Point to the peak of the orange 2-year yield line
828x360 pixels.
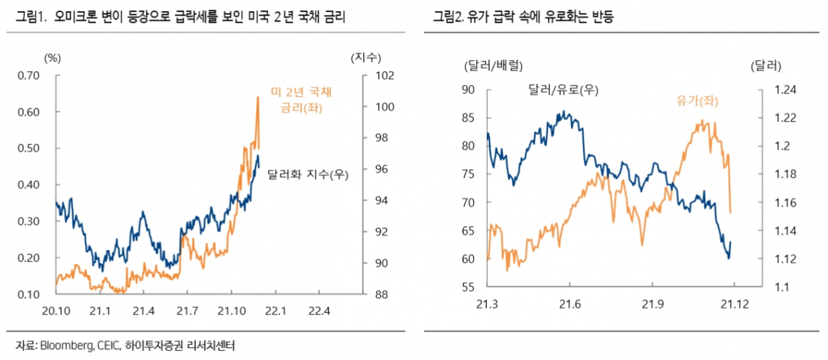click(x=258, y=97)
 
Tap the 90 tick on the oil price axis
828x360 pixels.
click(x=468, y=90)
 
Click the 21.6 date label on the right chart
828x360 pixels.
click(x=570, y=303)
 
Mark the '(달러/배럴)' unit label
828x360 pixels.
click(x=492, y=66)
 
